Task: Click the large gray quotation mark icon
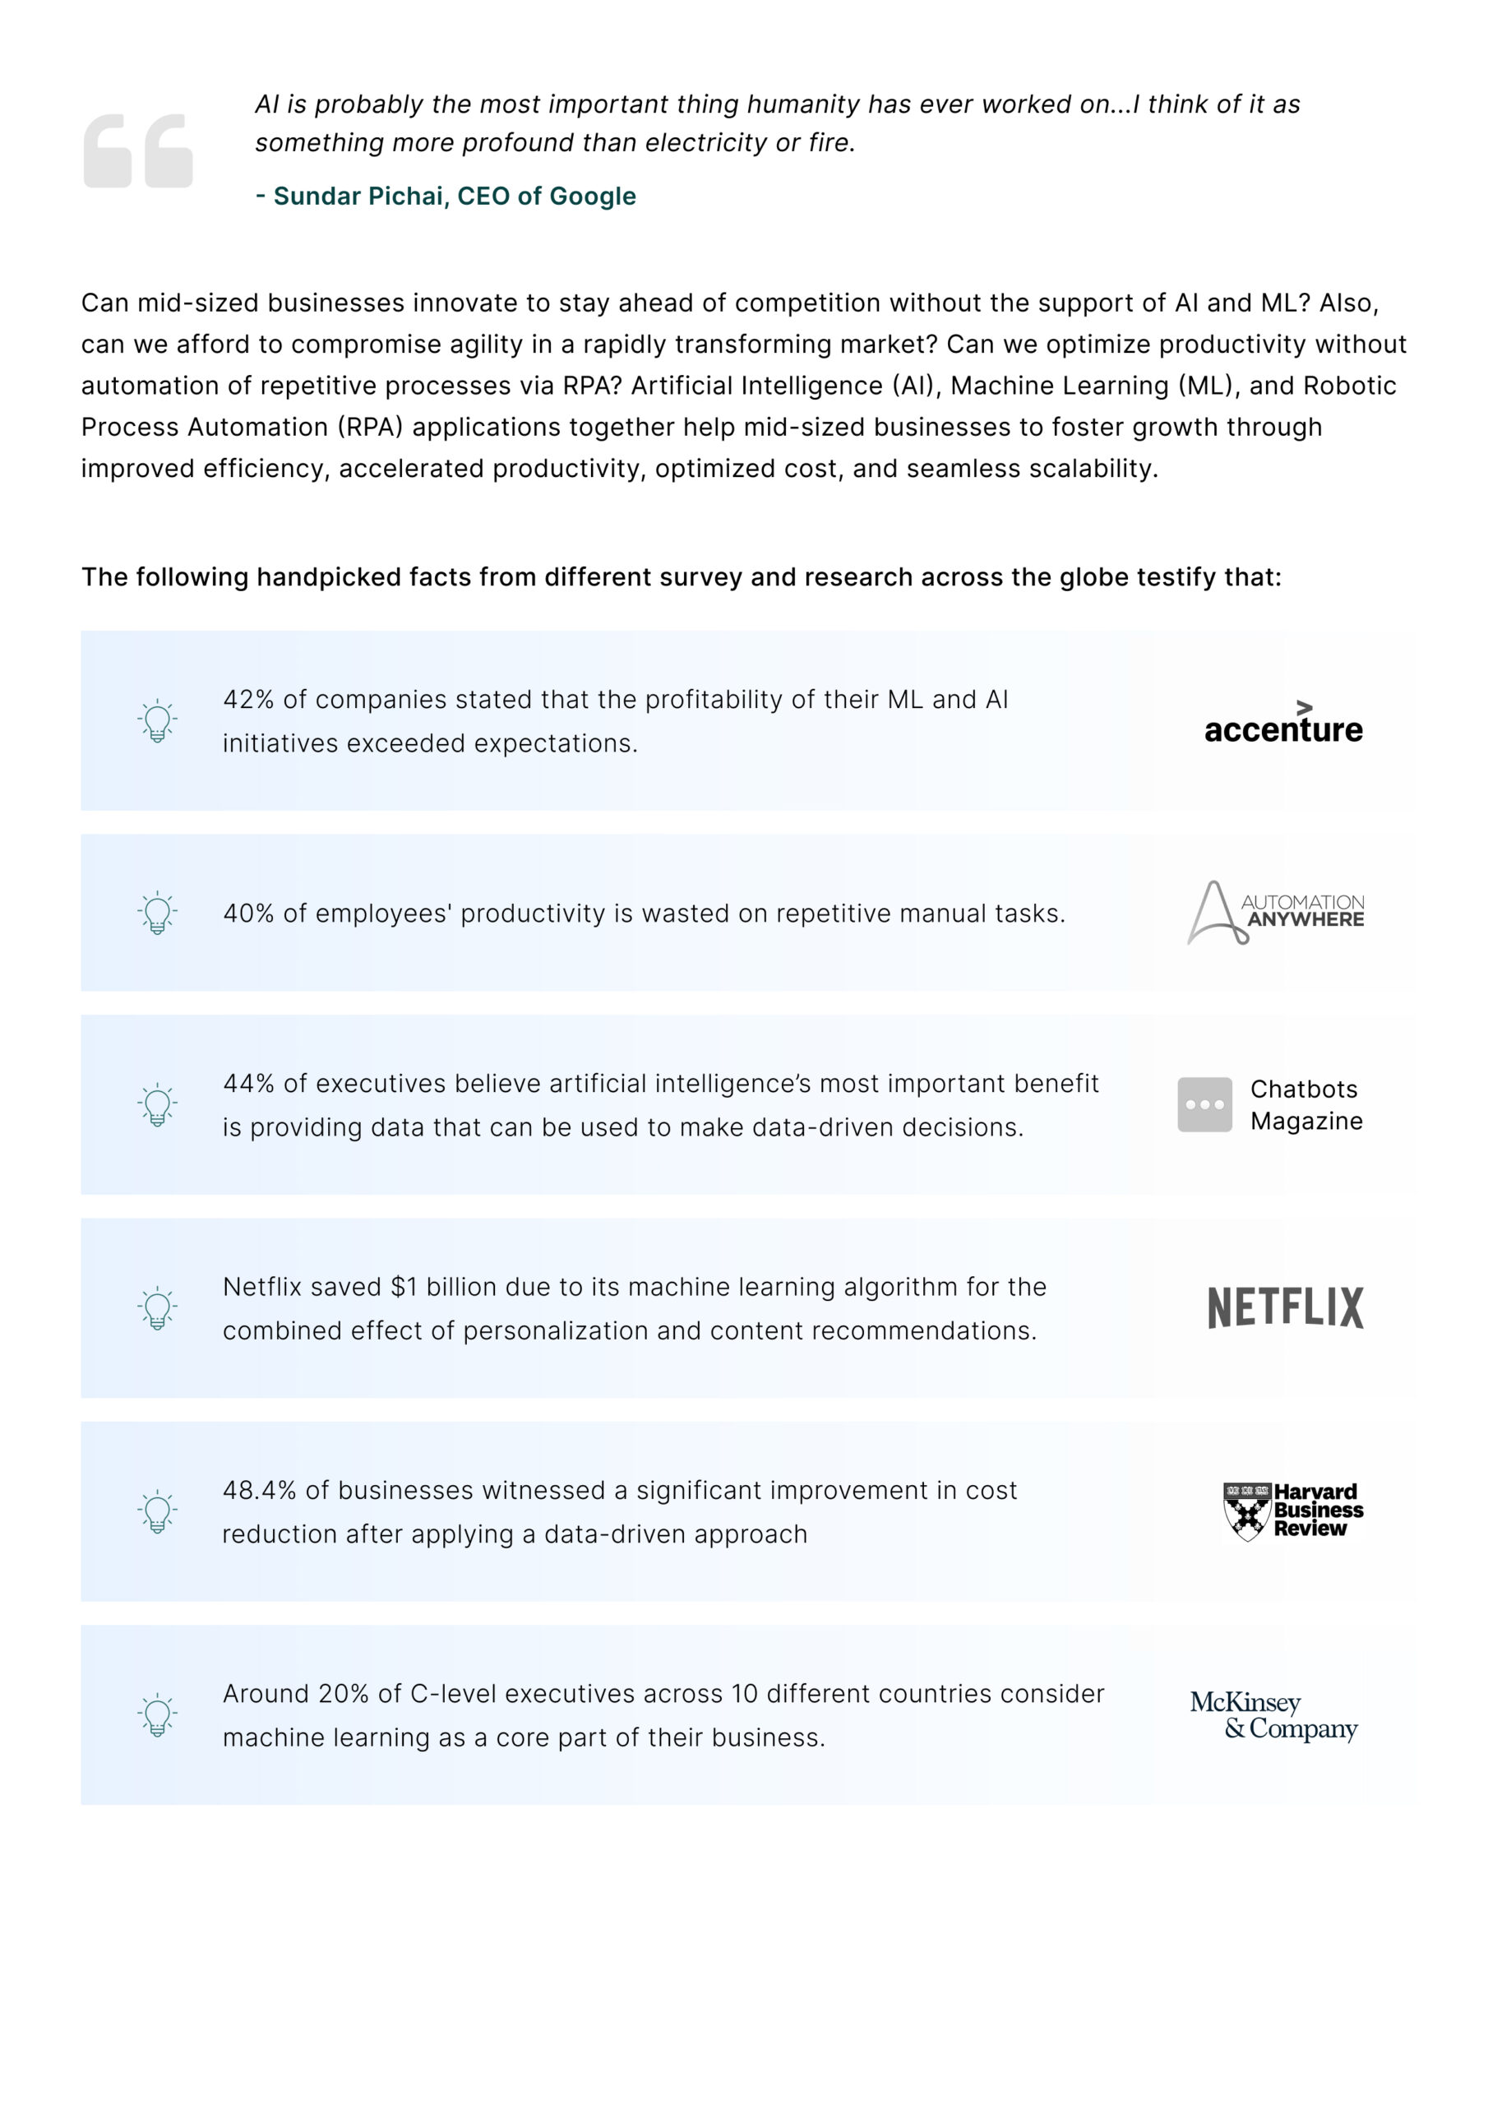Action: point(138,150)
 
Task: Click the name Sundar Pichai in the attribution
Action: point(358,197)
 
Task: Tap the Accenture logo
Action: point(1282,723)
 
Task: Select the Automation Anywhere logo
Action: point(1275,912)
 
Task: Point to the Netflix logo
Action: point(1286,1307)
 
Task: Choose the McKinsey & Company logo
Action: point(1274,1715)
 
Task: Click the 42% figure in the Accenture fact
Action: point(248,700)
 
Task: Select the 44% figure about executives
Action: point(248,1083)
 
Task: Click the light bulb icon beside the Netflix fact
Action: point(158,1307)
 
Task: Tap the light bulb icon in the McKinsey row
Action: point(158,1714)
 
